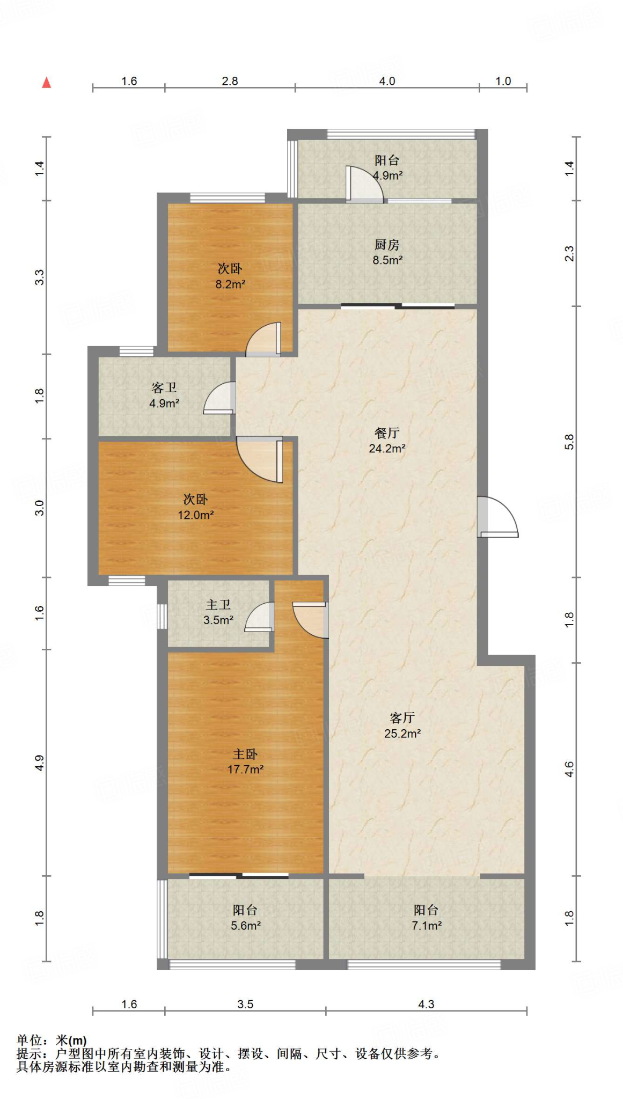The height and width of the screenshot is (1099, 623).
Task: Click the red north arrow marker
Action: (47, 82)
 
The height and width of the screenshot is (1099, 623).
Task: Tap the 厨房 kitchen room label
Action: (387, 245)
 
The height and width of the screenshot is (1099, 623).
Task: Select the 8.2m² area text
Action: (230, 284)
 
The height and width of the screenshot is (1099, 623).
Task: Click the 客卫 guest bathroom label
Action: (164, 387)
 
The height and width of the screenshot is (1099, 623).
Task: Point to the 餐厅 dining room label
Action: (387, 433)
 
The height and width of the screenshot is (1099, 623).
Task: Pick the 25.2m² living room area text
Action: (402, 734)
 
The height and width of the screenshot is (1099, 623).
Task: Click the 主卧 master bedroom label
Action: (245, 754)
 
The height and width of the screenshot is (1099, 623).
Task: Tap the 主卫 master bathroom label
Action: (218, 605)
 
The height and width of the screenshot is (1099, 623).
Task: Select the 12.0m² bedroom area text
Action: (196, 515)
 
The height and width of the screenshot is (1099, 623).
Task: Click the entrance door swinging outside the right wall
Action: (498, 517)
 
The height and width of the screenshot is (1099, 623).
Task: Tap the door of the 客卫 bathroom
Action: (219, 398)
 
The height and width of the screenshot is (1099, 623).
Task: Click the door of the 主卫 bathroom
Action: (260, 617)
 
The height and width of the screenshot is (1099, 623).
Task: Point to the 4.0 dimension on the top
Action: (387, 81)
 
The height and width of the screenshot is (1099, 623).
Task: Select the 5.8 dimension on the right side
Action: (569, 442)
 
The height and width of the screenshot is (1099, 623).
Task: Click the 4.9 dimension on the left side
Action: (39, 763)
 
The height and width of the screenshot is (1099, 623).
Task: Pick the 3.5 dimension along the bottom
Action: (245, 1004)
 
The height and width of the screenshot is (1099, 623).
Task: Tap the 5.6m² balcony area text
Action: (246, 926)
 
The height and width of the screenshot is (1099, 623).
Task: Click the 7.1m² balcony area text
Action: (427, 926)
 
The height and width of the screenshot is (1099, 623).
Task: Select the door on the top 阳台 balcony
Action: (364, 184)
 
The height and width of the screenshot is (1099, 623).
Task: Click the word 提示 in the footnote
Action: (29, 1053)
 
